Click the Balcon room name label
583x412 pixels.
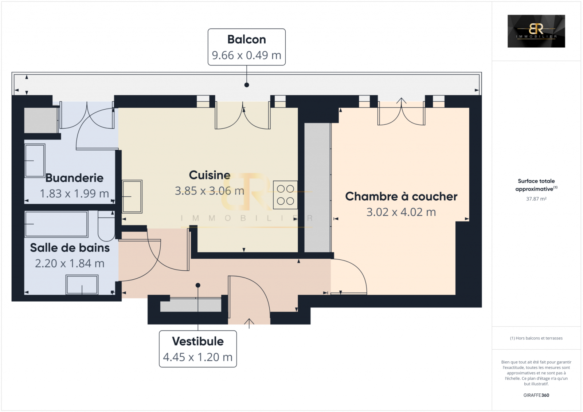246,40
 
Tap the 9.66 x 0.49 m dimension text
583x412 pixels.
246,55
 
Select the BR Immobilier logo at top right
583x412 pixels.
536,31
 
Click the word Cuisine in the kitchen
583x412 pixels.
210,175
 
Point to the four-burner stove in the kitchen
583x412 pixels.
285,195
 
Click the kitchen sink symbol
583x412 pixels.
132,196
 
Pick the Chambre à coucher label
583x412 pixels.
401,196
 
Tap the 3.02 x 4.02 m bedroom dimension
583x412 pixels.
401,212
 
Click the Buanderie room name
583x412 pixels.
74,178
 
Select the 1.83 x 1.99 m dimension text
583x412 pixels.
74,194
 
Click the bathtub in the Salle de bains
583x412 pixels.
56,224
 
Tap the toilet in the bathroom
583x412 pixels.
106,225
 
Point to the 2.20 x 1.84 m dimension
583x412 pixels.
70,263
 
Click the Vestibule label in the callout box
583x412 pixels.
198,341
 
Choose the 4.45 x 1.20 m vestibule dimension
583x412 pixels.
198,357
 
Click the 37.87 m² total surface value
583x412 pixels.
536,199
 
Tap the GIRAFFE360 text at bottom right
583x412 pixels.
536,395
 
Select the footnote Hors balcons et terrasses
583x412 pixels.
536,338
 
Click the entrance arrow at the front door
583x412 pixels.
249,323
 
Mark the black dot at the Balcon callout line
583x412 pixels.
247,85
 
